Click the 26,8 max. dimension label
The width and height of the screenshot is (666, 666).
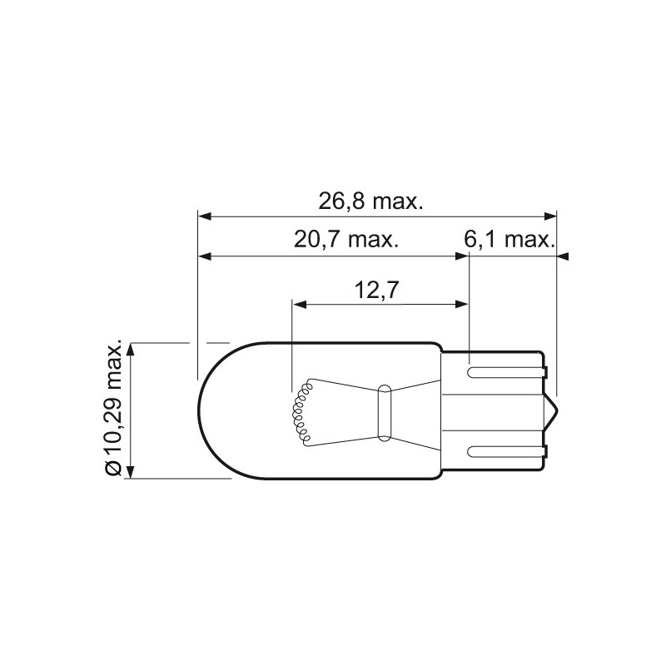tap(372, 201)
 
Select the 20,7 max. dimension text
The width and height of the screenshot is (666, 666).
tap(346, 241)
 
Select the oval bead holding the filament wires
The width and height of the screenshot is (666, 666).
tap(384, 411)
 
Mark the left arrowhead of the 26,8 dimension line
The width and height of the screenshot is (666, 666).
tap(204, 216)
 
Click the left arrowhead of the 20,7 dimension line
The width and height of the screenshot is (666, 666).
tap(204, 256)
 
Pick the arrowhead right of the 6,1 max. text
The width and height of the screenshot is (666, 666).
tap(564, 256)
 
